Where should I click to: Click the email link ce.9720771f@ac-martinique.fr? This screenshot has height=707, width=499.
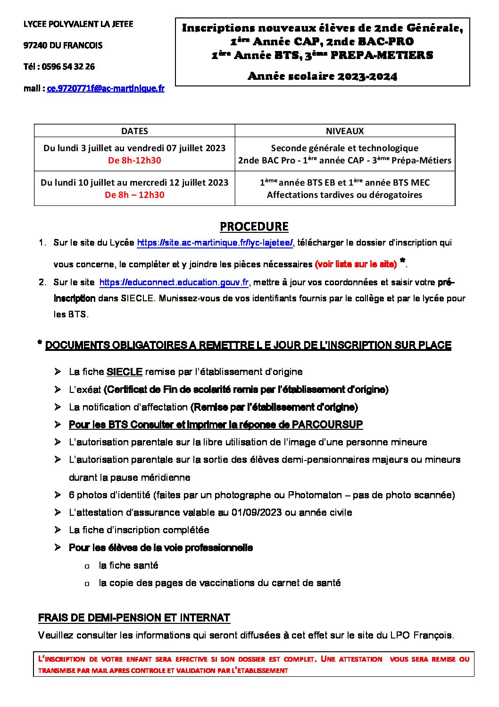(106, 88)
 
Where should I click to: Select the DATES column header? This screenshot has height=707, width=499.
(134, 131)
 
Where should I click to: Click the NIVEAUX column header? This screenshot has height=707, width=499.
(345, 131)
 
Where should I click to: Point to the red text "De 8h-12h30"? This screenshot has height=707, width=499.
(134, 160)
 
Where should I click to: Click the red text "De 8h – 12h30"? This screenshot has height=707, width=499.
(134, 195)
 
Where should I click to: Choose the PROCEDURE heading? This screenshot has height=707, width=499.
(254, 227)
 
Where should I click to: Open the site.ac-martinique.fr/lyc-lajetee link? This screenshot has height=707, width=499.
(215, 243)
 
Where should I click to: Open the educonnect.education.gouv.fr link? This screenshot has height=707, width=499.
(174, 282)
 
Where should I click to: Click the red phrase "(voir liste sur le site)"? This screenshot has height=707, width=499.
(356, 264)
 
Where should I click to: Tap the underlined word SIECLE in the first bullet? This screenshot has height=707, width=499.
(125, 372)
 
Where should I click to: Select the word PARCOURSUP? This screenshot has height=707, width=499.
(327, 425)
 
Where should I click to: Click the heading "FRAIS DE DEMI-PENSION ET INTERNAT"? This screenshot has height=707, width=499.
(134, 618)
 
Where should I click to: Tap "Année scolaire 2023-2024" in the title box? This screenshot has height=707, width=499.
(323, 76)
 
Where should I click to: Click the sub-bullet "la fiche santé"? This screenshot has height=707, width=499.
(128, 565)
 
